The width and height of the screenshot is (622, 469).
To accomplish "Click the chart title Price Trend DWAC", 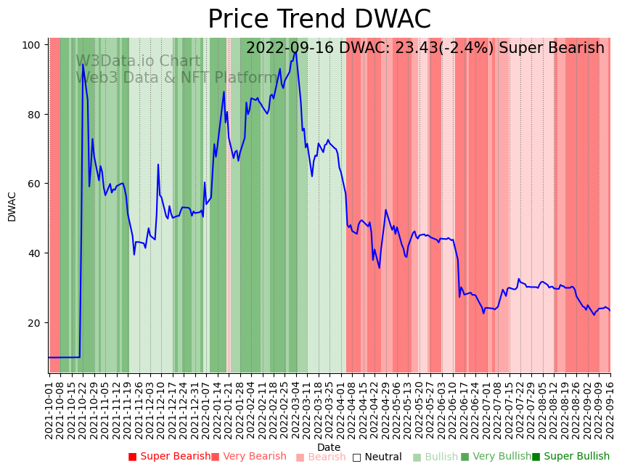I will click(x=319, y=20).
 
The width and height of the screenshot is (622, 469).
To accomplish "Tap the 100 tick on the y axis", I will click(x=30, y=45).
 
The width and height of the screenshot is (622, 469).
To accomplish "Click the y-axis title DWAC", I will click(x=12, y=206).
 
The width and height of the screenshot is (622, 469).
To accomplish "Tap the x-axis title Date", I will click(x=329, y=448).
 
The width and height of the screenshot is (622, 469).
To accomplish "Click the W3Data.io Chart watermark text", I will click(x=138, y=62).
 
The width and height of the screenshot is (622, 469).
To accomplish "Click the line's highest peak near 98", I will click(x=295, y=52).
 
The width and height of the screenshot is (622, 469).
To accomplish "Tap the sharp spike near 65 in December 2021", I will click(x=158, y=165).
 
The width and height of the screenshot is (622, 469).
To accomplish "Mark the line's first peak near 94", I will click(x=83, y=65).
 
